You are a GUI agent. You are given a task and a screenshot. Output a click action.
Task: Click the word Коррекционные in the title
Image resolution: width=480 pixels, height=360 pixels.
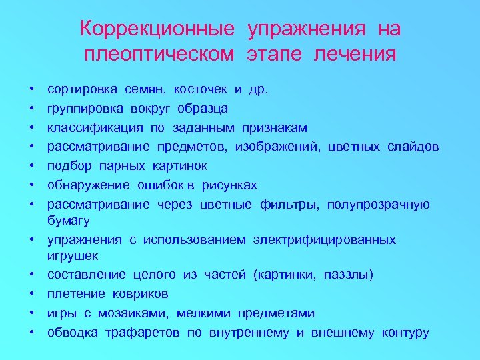(157, 29)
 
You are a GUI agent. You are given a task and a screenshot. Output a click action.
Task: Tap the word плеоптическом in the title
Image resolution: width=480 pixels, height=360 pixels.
(159, 54)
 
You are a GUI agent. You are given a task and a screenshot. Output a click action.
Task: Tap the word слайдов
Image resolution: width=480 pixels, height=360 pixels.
(413, 147)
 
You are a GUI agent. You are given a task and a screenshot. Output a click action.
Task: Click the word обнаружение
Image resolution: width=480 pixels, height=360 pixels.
(89, 185)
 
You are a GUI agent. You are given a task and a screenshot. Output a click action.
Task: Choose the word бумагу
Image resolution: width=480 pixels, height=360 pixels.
(68, 220)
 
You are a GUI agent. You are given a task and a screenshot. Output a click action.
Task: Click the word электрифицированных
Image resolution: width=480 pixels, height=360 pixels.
(325, 239)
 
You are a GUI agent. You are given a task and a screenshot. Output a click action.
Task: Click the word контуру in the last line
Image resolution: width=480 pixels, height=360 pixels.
(405, 333)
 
